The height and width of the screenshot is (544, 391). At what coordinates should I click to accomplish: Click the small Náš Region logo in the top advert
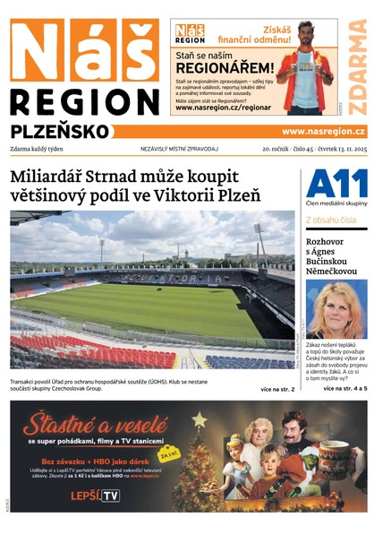[x=189, y=33]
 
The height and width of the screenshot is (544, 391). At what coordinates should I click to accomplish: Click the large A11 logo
[x=336, y=185]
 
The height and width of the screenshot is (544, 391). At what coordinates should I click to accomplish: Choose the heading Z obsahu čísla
[x=331, y=220]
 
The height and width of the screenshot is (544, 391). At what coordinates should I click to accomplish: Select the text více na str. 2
[x=277, y=389]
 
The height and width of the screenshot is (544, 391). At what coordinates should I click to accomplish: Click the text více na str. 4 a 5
[x=345, y=389]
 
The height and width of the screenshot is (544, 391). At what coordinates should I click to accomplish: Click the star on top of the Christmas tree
[x=199, y=419]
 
